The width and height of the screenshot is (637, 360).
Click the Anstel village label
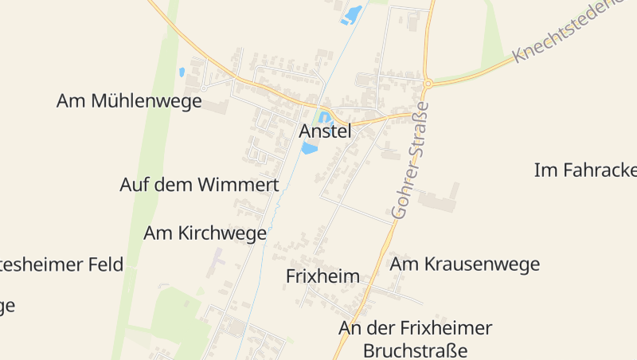click(325, 131)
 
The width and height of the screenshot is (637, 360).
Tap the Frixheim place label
click(322, 276)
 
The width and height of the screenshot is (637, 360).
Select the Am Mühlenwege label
click(129, 101)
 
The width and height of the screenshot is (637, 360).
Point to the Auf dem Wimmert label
click(199, 185)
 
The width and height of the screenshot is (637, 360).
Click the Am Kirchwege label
click(205, 233)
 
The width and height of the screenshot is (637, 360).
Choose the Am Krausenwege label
click(465, 264)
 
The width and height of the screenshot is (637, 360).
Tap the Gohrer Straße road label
click(411, 160)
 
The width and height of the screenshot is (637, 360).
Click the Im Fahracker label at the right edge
click(585, 170)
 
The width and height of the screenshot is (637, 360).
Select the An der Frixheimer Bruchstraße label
click(415, 338)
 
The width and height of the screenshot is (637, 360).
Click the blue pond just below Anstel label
click(309, 148)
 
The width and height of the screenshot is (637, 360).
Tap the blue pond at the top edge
click(351, 14)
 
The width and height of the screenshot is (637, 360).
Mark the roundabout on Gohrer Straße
click(428, 83)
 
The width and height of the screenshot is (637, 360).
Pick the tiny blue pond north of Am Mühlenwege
click(182, 72)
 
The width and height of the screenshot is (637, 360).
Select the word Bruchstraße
click(415, 350)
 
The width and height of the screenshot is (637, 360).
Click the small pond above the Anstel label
click(324, 118)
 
